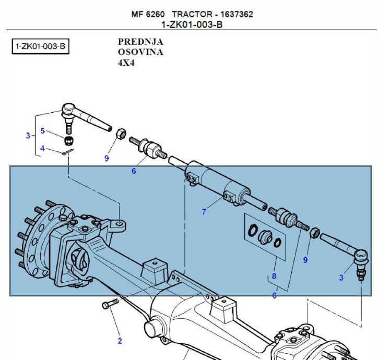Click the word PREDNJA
tap(140, 41)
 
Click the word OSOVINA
tap(140, 52)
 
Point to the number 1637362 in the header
tap(234, 14)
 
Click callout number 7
tap(204, 211)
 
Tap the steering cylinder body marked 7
tap(209, 177)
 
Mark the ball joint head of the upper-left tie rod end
tap(68, 110)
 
